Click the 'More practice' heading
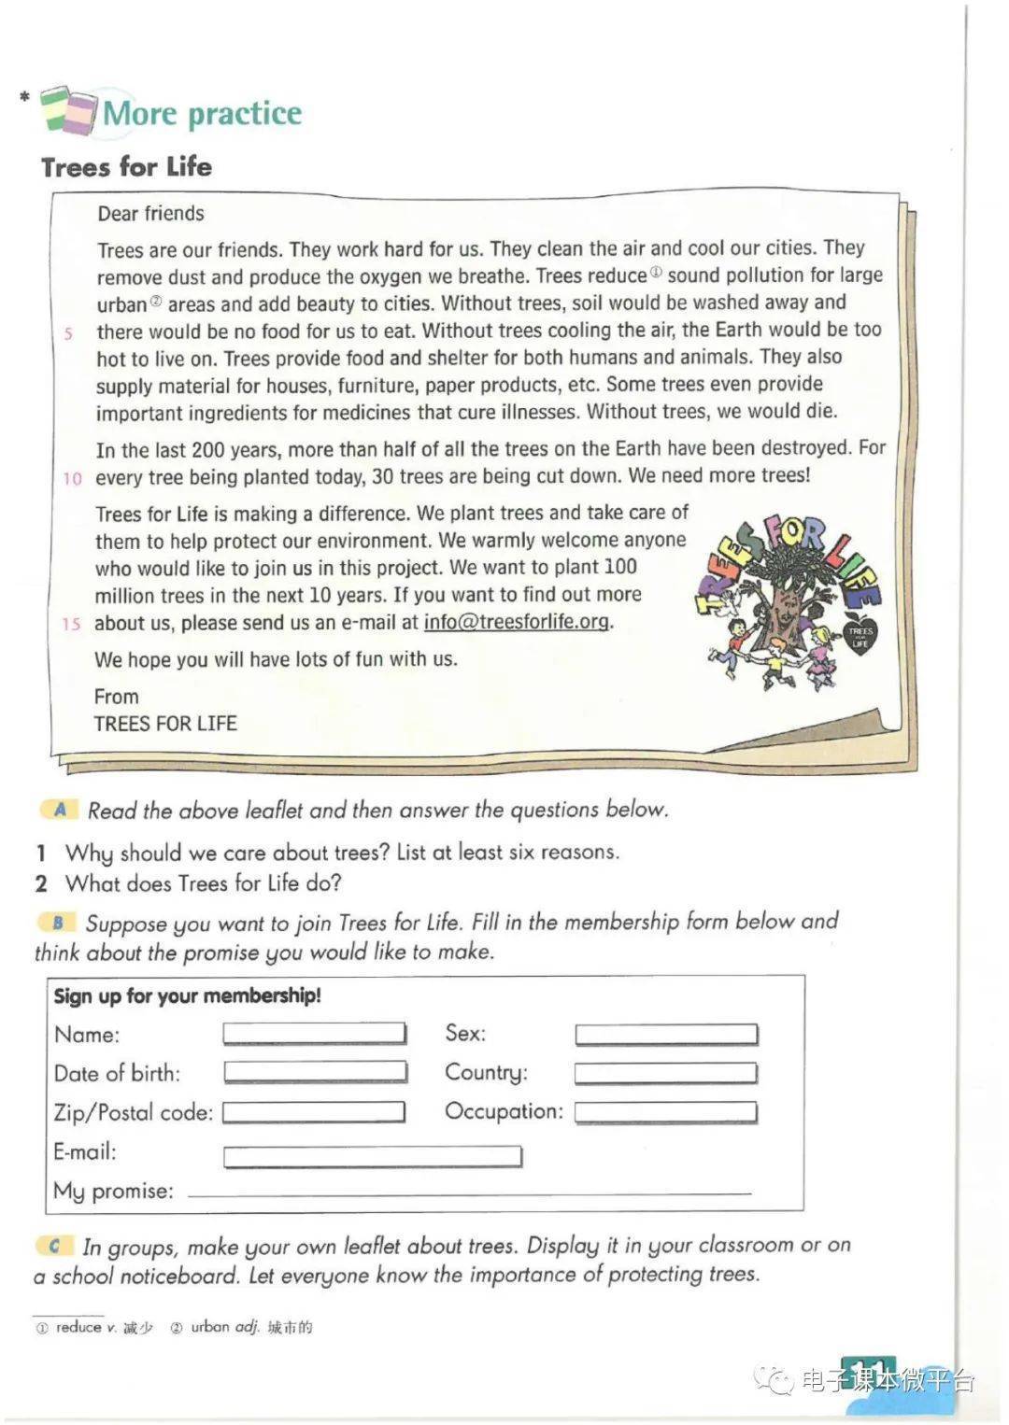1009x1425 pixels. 202,113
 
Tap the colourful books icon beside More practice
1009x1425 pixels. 68,110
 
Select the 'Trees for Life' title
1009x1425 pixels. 126,167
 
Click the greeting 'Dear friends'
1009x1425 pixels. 150,214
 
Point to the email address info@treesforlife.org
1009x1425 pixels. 517,622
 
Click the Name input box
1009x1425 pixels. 314,1033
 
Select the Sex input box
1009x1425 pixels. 665,1034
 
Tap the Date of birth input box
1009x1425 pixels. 315,1072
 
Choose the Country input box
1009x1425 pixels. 665,1073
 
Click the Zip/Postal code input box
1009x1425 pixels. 313,1112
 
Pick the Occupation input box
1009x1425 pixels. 665,1112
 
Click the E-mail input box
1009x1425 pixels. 372,1157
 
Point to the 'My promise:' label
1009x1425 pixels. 113,1192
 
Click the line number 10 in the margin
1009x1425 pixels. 72,479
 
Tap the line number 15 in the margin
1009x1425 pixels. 71,625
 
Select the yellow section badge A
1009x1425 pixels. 60,810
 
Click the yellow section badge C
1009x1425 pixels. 55,1246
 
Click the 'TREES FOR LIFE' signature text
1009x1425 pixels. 165,724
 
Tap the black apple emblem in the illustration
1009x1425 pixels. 860,635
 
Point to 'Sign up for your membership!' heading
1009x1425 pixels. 187,995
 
